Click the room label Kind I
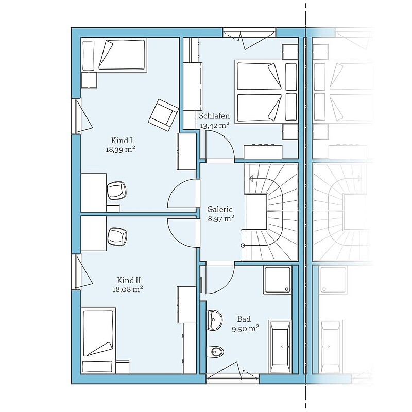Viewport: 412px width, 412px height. [x=122, y=140]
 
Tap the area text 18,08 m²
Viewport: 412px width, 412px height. [x=128, y=289]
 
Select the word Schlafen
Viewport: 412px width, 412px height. [x=214, y=116]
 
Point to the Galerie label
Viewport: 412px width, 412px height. [x=220, y=210]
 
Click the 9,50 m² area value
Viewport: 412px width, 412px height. [x=246, y=329]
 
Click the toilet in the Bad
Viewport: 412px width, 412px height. [x=216, y=351]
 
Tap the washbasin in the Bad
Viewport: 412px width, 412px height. [x=214, y=319]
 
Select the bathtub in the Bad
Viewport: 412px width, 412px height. [x=281, y=346]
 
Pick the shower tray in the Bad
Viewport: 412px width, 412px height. [x=278, y=280]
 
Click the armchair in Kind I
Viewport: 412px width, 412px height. [x=163, y=115]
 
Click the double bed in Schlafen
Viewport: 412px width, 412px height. [x=267, y=92]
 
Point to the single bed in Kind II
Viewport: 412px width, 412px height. [x=99, y=340]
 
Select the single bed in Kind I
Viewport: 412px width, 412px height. [x=114, y=55]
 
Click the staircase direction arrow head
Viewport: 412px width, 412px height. [x=251, y=179]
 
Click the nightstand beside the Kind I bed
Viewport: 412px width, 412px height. [x=89, y=80]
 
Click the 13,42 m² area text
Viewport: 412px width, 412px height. [x=215, y=125]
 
